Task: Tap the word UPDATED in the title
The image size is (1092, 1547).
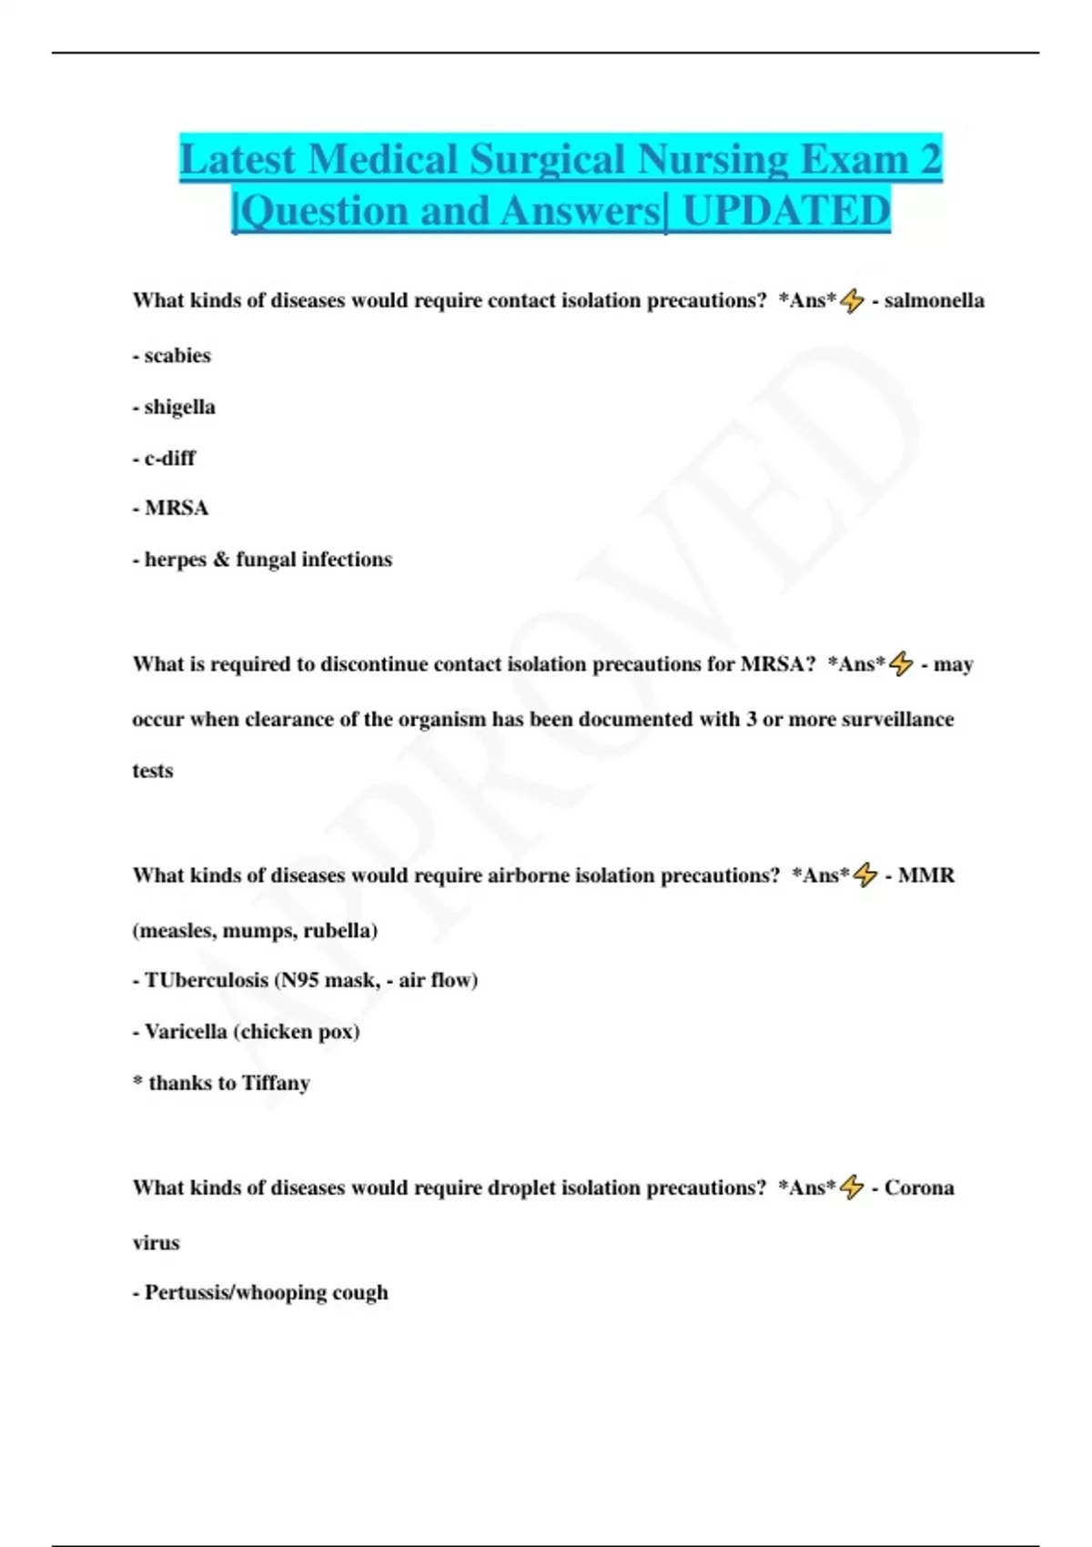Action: [785, 211]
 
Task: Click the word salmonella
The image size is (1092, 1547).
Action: [934, 300]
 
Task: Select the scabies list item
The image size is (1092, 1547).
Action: [177, 356]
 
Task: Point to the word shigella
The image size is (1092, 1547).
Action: [179, 407]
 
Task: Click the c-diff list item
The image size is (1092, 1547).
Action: [169, 458]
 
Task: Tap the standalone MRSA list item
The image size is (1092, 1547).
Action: [177, 508]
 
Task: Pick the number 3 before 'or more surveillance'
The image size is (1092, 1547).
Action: [751, 720]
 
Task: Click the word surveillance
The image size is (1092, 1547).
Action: [897, 720]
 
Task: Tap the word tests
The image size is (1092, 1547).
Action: [152, 771]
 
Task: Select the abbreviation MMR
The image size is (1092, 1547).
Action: [925, 875]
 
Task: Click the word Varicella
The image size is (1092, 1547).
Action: [186, 1032]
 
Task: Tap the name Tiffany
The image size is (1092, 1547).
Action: [276, 1083]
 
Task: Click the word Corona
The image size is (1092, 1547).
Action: [919, 1188]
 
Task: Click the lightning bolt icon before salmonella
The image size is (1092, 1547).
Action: [853, 300]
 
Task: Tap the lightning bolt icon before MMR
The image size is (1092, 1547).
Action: [865, 875]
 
